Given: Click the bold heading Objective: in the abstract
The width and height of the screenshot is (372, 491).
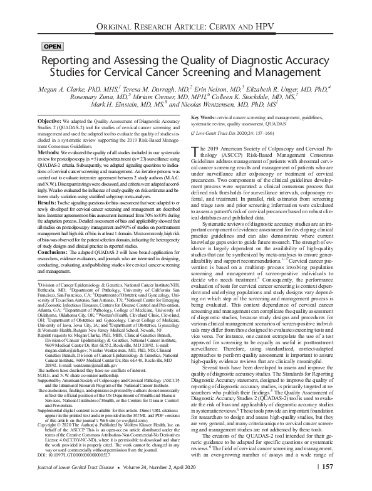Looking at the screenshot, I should click(x=53, y=120).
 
